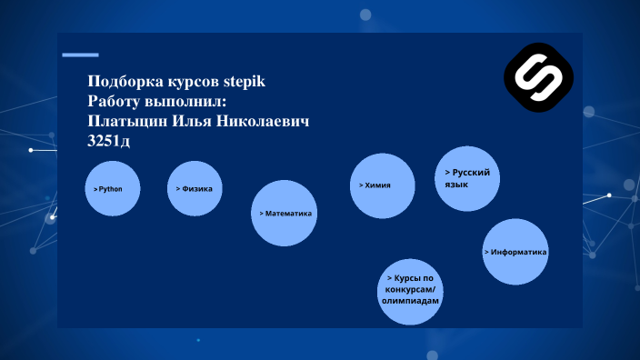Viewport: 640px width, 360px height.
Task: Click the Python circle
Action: pyautogui.click(x=112, y=189)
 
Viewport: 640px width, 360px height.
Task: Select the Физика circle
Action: pyautogui.click(x=195, y=189)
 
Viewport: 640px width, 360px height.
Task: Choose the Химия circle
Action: pyautogui.click(x=383, y=185)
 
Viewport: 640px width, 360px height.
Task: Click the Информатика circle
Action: pyautogui.click(x=515, y=252)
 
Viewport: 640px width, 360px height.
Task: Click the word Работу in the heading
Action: pyautogui.click(x=115, y=102)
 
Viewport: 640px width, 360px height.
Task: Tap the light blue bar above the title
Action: pyautogui.click(x=80, y=55)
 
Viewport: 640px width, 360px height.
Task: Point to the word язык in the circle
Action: pyautogui.click(x=456, y=184)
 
